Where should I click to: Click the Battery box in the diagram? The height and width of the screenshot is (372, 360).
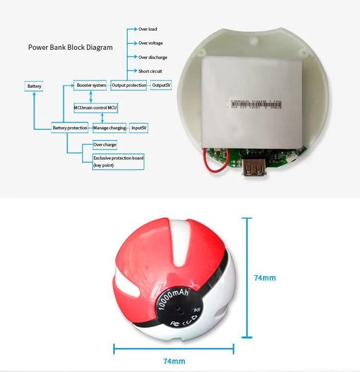[34, 86]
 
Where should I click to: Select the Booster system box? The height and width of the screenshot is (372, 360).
[91, 85]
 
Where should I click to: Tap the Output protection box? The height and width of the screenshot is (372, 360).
[129, 85]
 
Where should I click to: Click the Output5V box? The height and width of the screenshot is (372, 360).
[161, 85]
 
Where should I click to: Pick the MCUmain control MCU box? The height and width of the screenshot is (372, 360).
[96, 108]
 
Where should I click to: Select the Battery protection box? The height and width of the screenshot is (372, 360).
[70, 128]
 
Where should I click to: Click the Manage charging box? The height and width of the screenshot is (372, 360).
[109, 128]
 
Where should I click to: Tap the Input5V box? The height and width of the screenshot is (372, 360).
[139, 128]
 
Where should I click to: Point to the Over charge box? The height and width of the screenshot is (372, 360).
[105, 144]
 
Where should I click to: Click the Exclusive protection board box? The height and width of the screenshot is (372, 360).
[118, 161]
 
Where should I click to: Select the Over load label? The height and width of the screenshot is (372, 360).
[148, 30]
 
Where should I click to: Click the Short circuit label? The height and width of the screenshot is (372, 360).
[150, 71]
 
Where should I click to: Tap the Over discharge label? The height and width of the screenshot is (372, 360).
[153, 58]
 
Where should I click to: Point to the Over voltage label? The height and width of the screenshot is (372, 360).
[151, 44]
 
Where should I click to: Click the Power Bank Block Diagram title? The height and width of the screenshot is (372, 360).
[71, 47]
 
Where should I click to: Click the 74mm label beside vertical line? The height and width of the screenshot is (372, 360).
[265, 278]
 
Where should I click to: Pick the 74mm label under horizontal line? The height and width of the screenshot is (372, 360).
[174, 361]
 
